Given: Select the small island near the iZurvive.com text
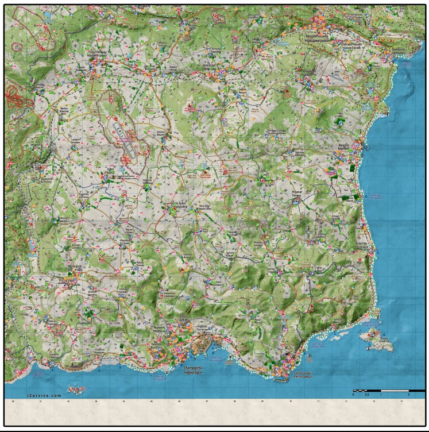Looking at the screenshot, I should tap(75, 390).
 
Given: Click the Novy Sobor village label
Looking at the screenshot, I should tap(205, 206).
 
